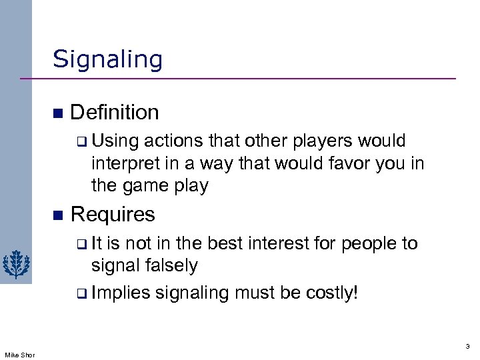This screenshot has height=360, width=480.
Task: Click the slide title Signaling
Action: pyautogui.click(x=107, y=60)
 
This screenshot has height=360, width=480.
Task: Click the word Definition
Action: pyautogui.click(x=114, y=112)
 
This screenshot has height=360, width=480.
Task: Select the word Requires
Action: pyautogui.click(x=112, y=215)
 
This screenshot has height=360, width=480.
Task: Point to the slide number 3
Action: pyautogui.click(x=467, y=346)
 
